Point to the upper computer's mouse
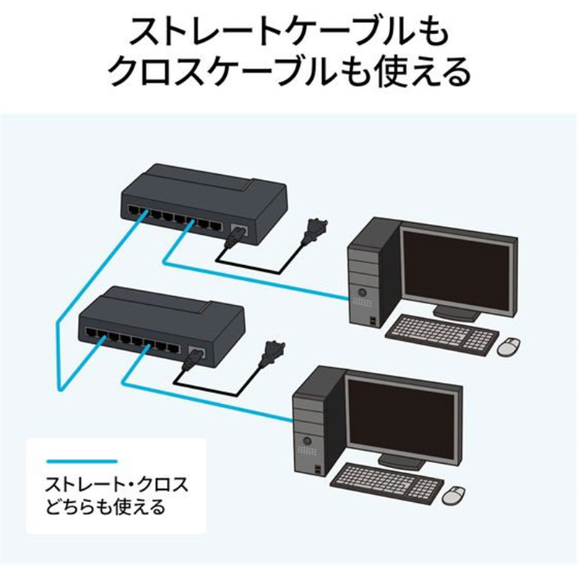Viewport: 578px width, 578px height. [509, 346]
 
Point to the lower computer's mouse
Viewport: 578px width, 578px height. [454, 495]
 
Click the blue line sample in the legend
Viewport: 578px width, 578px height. [81, 460]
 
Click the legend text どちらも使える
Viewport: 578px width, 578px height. [105, 506]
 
